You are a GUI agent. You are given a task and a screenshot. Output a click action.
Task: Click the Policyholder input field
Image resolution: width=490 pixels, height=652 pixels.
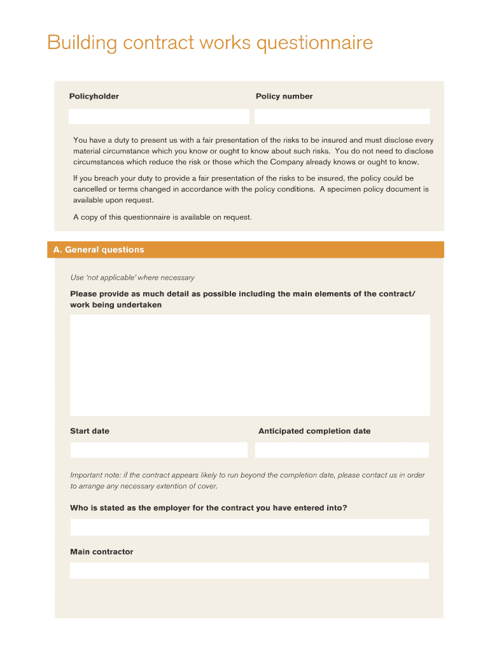(x=158, y=117)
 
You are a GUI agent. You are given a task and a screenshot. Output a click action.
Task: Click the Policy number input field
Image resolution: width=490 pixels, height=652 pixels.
(x=342, y=117)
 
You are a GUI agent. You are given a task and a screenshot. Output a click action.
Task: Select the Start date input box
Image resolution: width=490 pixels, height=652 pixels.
(x=158, y=450)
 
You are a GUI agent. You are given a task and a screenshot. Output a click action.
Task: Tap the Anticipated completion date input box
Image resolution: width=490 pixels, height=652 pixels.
(x=342, y=450)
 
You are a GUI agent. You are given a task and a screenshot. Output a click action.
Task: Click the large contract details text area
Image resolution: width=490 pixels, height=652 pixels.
(x=249, y=365)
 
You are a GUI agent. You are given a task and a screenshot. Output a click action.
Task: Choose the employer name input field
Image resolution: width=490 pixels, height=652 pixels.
(x=249, y=527)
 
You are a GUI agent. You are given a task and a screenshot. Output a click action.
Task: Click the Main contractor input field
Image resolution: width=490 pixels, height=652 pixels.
(x=249, y=570)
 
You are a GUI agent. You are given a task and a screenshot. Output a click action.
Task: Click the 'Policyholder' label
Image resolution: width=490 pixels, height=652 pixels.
(x=94, y=97)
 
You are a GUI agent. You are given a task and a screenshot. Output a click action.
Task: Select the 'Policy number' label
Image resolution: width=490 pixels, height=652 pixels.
(x=284, y=97)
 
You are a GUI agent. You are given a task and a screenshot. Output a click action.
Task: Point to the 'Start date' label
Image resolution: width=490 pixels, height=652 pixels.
(x=90, y=431)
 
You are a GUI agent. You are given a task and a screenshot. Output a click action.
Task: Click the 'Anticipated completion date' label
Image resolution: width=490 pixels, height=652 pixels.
(x=314, y=431)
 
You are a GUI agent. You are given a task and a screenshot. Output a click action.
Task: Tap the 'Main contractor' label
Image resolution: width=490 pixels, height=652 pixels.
(x=102, y=552)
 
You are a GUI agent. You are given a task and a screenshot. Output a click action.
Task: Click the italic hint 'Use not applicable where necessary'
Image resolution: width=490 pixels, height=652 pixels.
(x=132, y=278)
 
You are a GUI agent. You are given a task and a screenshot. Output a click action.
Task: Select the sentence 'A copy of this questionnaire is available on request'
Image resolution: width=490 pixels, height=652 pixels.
(x=162, y=217)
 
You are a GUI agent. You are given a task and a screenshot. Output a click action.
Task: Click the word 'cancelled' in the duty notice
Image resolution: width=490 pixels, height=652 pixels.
(x=91, y=189)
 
